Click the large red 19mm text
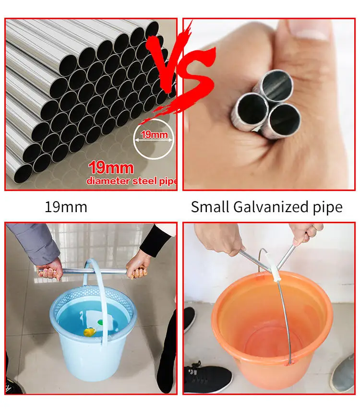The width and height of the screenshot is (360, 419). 111,168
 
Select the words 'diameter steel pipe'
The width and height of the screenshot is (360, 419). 132,181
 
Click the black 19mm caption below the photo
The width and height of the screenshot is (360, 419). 66,207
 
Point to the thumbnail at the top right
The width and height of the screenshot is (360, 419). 269,104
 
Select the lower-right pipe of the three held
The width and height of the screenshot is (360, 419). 283,120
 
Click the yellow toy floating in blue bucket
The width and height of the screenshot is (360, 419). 90,332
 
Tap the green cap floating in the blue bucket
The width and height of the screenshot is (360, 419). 100,322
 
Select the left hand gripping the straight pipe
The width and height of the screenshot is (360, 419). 50,269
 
